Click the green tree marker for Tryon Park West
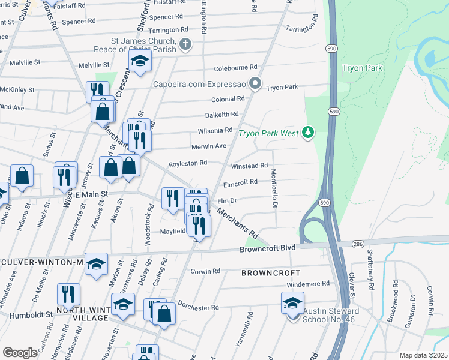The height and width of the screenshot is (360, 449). [x=308, y=131]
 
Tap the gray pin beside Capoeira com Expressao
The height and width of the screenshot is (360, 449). [x=256, y=83]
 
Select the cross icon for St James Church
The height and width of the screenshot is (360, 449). [x=185, y=44]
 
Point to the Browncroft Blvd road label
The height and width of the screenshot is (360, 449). [x=268, y=248]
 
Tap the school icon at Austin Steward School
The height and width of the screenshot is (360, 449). [x=293, y=302]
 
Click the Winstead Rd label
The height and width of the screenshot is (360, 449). [x=249, y=166]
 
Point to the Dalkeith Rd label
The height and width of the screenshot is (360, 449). [x=221, y=114]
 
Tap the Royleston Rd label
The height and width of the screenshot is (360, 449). [x=188, y=163]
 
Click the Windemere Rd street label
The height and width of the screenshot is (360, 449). [x=309, y=283]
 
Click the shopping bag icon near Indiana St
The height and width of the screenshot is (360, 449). [x=22, y=176]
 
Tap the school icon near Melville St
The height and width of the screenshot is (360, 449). [x=140, y=61]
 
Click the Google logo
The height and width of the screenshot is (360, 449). [x=20, y=353]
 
